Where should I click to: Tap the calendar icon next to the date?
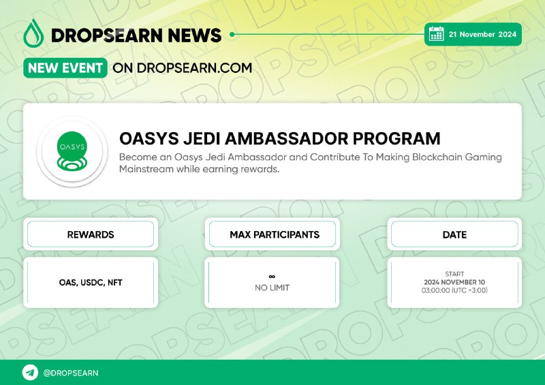pyautogui.click(x=436, y=34)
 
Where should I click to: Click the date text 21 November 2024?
pyautogui.click(x=482, y=34)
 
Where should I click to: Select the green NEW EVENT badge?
pyautogui.click(x=65, y=68)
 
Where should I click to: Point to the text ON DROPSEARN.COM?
pyautogui.click(x=182, y=68)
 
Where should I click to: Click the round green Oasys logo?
pyautogui.click(x=72, y=151)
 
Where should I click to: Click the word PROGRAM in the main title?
pyautogui.click(x=396, y=138)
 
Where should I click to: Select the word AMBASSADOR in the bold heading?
pyautogui.click(x=286, y=138)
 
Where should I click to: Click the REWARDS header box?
pyautogui.click(x=91, y=234)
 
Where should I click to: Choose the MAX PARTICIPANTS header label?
pyautogui.click(x=275, y=234)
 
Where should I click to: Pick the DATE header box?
pyautogui.click(x=454, y=234)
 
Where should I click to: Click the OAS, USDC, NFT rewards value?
pyautogui.click(x=91, y=282)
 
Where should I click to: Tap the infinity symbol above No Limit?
pyautogui.click(x=272, y=277)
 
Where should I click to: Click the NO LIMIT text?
pyautogui.click(x=272, y=288)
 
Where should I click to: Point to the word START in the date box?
pyautogui.click(x=454, y=274)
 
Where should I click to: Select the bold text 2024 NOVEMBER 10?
pyautogui.click(x=454, y=282)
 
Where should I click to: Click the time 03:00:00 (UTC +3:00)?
pyautogui.click(x=454, y=290)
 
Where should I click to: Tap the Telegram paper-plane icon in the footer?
pyautogui.click(x=30, y=373)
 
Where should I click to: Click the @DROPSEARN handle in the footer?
pyautogui.click(x=71, y=373)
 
